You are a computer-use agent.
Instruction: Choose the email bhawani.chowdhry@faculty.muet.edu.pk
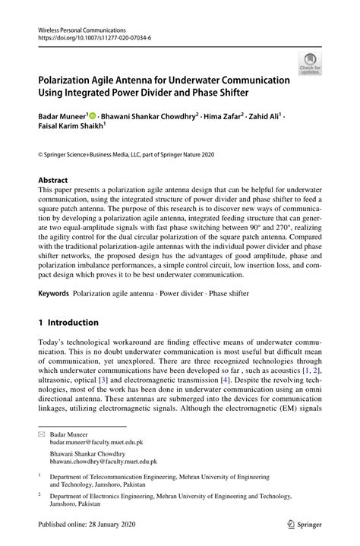[x=103, y=461]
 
